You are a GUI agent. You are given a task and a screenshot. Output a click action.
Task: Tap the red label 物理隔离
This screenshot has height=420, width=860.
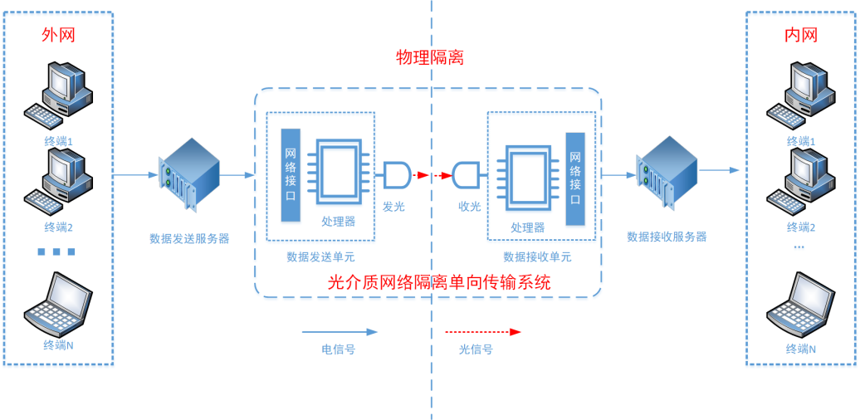coord(429,58)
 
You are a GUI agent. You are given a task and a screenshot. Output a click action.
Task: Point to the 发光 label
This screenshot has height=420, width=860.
coord(393,206)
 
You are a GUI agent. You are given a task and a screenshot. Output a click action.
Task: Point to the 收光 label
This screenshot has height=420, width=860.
coord(470,206)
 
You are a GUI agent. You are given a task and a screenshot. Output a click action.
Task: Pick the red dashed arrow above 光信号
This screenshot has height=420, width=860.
coord(482,331)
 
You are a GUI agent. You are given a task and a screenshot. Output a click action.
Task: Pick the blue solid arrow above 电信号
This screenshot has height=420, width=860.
coord(349,331)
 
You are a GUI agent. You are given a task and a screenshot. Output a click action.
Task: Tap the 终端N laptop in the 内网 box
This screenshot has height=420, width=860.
coord(800,304)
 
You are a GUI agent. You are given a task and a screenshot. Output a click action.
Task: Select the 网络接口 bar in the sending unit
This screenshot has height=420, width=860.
coord(291,175)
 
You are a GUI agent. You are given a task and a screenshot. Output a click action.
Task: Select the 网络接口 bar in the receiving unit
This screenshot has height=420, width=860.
coord(575,178)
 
